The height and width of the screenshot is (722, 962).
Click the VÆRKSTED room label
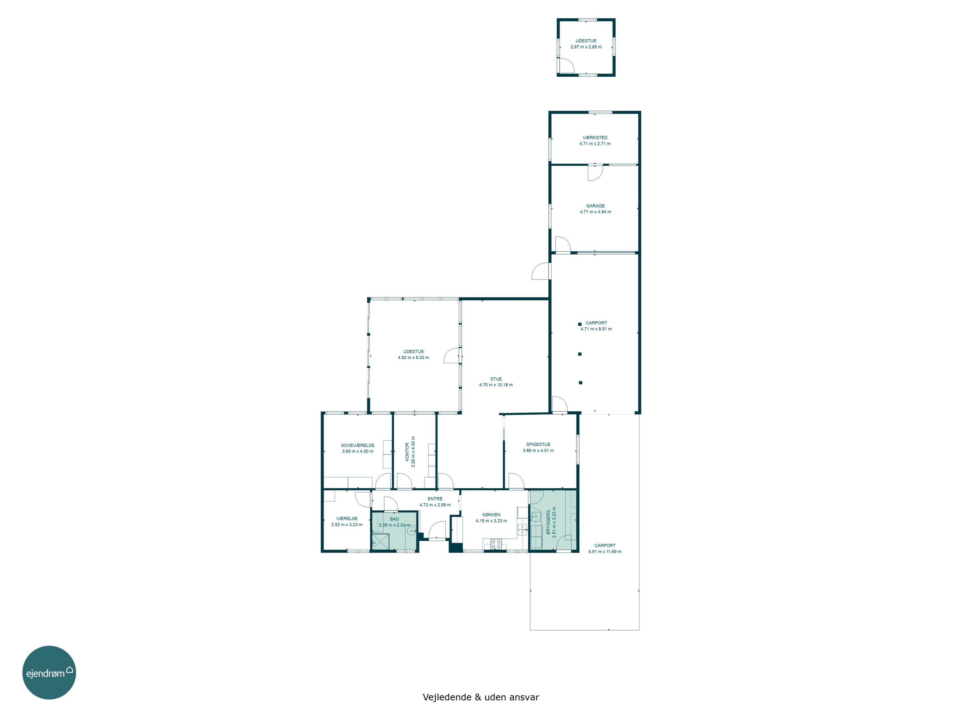pos(595,138)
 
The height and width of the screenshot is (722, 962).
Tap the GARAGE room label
pos(595,206)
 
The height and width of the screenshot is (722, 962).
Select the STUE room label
pos(496,379)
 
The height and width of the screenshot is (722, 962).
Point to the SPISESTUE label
pos(538,444)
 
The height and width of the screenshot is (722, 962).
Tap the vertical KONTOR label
pos(407,452)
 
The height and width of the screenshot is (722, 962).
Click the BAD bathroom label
pos(394,519)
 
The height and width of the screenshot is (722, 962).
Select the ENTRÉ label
pos(435,499)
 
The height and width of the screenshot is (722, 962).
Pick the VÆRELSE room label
pos(347,519)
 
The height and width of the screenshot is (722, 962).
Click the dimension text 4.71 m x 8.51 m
pos(596,329)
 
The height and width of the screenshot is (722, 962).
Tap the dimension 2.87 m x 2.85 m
pos(586,47)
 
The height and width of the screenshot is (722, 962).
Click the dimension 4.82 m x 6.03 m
pos(413,358)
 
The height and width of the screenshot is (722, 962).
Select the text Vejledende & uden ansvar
pos(481,697)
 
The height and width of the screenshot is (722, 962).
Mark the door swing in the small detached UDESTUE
pos(567,65)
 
